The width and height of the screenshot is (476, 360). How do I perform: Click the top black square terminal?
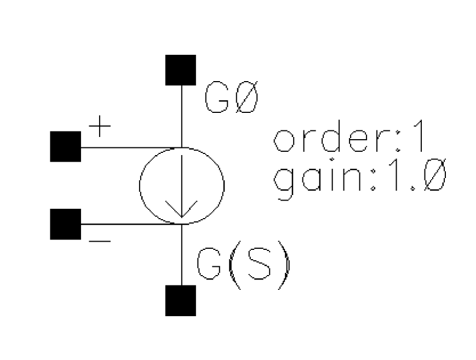[x=181, y=70]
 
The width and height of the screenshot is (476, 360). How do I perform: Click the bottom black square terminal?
[x=181, y=300]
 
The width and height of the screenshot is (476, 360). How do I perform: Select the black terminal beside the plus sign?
[x=66, y=146]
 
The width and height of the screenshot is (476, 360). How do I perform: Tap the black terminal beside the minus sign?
[x=66, y=224]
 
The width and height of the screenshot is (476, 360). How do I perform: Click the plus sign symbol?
[x=100, y=126]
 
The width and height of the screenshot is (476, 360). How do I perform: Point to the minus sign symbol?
[x=100, y=242]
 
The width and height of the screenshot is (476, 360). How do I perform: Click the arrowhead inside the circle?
[x=181, y=210]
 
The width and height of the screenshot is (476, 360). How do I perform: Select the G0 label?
[x=231, y=97]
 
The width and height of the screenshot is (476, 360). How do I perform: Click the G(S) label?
[x=243, y=264]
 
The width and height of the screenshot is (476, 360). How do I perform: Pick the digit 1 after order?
[x=419, y=136]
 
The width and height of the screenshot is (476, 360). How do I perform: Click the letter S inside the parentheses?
[x=259, y=264]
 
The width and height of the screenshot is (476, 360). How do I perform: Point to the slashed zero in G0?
[x=247, y=97]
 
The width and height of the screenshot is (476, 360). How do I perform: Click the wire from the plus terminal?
[x=131, y=147]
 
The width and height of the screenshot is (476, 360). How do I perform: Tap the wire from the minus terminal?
[x=131, y=224]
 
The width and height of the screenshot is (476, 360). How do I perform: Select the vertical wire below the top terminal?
[x=182, y=117]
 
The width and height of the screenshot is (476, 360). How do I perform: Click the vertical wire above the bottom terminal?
[x=182, y=255]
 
